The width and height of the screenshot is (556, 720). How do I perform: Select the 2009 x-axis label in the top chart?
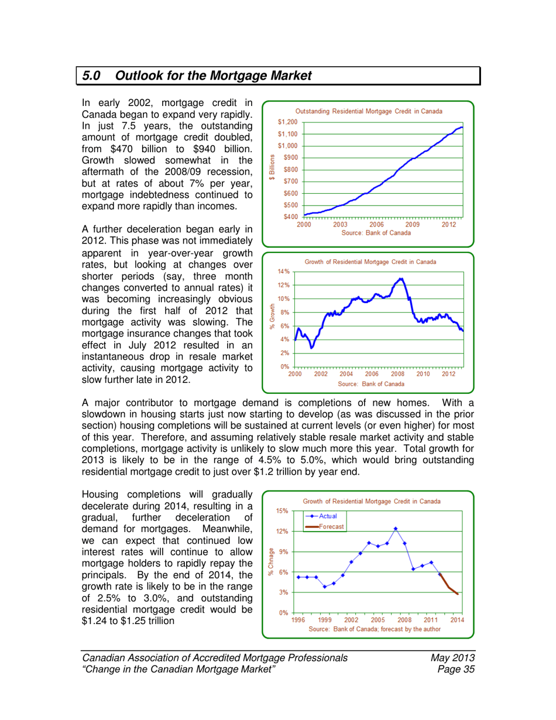412,224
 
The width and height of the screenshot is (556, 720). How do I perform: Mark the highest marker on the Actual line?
396,529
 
